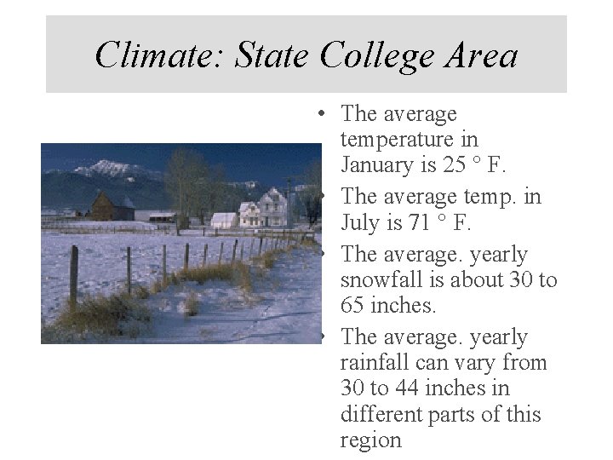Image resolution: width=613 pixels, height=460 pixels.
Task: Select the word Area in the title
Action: [x=484, y=55]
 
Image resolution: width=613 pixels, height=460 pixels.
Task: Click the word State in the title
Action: [x=274, y=55]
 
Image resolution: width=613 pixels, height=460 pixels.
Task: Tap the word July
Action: [x=358, y=223]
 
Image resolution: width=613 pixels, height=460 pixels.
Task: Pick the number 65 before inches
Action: [x=354, y=305]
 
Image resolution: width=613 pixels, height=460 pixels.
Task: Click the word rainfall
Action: [x=374, y=363]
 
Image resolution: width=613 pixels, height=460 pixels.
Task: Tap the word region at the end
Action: [x=370, y=440]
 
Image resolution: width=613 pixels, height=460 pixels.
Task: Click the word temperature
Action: [x=409, y=138]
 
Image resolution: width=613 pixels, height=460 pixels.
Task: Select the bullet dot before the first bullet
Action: [x=317, y=113]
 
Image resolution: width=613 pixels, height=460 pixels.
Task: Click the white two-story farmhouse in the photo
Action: [x=263, y=208]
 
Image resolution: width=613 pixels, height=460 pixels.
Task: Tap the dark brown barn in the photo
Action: [x=105, y=207]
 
